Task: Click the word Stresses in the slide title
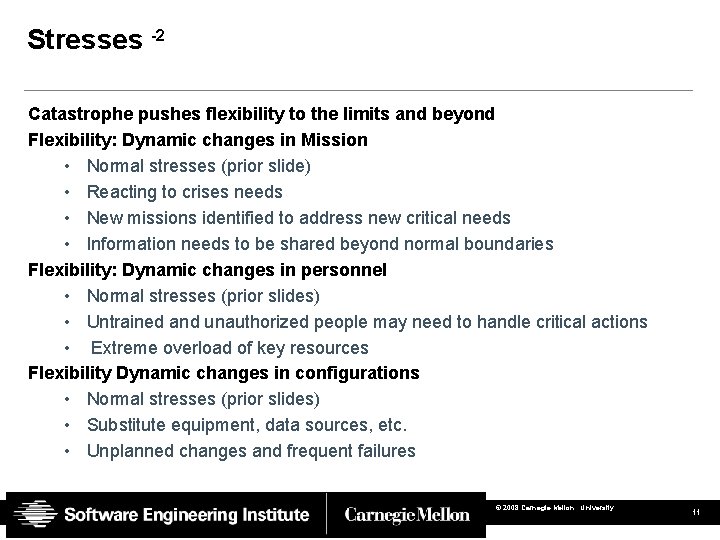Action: [85, 40]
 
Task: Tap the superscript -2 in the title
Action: [157, 35]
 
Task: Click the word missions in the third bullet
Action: [158, 218]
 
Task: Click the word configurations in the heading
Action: [355, 373]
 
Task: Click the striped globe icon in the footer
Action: [33, 515]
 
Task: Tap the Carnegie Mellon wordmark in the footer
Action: [407, 515]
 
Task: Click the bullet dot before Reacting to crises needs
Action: [66, 192]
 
